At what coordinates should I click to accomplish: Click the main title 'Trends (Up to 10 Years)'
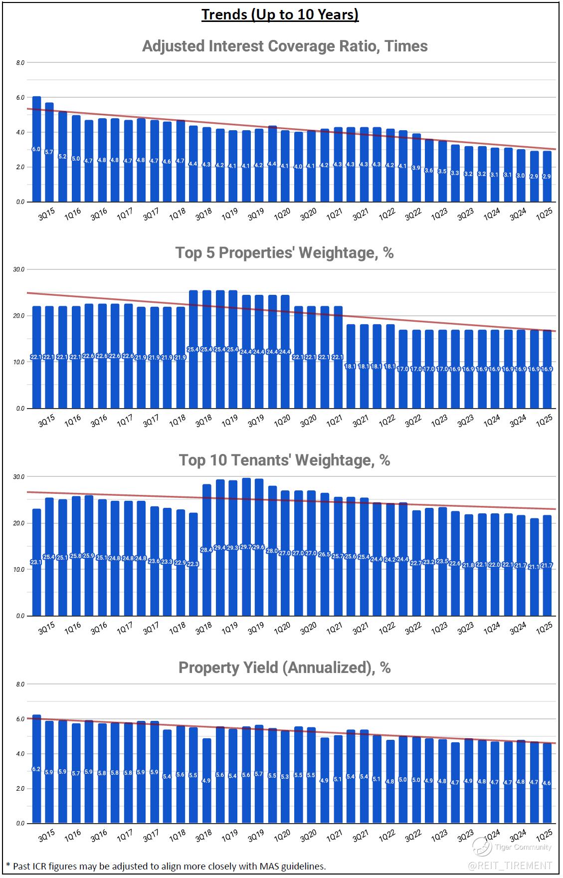[280, 15]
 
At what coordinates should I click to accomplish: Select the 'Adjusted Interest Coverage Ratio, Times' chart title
[285, 46]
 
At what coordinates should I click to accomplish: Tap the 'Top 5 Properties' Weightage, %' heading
[284, 252]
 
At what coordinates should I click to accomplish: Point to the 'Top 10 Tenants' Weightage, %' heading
[284, 459]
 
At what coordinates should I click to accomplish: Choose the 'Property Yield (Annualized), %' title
[284, 667]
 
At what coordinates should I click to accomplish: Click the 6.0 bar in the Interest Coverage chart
[36, 150]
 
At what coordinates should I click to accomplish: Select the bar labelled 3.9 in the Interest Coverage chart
[416, 168]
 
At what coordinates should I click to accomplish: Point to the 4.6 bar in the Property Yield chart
[547, 783]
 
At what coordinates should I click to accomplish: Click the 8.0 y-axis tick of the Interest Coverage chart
[20, 63]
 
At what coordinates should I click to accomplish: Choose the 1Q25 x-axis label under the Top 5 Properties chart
[544, 421]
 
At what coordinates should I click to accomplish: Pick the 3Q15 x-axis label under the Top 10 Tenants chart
[46, 628]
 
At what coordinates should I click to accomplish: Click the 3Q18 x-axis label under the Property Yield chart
[203, 836]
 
